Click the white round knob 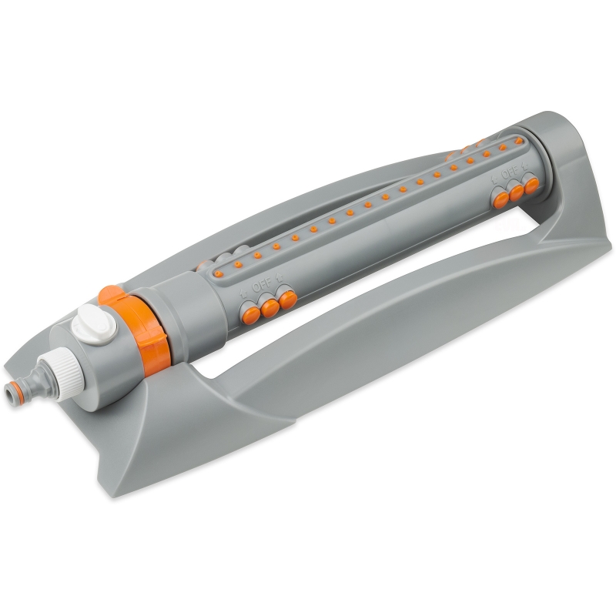click(x=94, y=324)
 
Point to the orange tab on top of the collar click(x=111, y=295)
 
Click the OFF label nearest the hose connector click(x=262, y=286)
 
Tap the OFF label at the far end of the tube click(x=510, y=172)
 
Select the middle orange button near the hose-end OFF click(x=270, y=308)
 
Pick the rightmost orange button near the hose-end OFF click(x=288, y=300)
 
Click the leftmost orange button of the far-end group click(x=501, y=200)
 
